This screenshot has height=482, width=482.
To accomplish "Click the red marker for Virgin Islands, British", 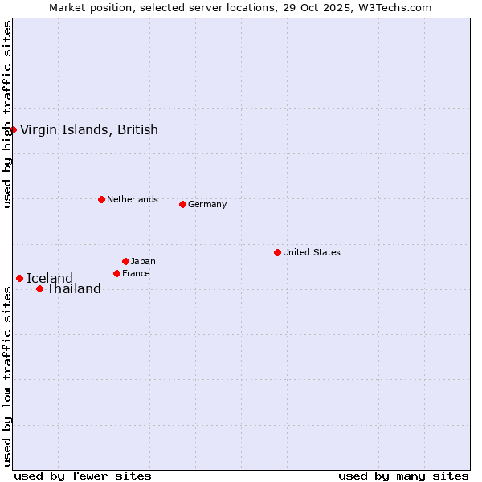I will pyautogui.click(x=13, y=129).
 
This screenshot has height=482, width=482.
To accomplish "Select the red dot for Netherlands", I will pyautogui.click(x=101, y=199).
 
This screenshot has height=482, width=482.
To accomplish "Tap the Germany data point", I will pyautogui.click(x=182, y=204).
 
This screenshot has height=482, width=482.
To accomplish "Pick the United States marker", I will pyautogui.click(x=277, y=252).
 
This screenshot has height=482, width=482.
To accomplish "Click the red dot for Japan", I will pyautogui.click(x=125, y=261).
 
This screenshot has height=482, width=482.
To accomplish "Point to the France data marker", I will pyautogui.click(x=116, y=273).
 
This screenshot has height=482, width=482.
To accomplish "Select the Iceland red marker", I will pyautogui.click(x=19, y=278).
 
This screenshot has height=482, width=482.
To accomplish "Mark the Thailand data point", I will pyautogui.click(x=39, y=288).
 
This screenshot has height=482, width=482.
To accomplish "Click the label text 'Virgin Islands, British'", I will pyautogui.click(x=88, y=129).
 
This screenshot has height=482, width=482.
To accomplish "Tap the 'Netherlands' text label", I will pyautogui.click(x=132, y=199).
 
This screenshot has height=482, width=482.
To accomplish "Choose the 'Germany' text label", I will pyautogui.click(x=207, y=204).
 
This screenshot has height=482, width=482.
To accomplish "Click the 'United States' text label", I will pyautogui.click(x=311, y=252).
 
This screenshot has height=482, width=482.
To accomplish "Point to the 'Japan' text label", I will pyautogui.click(x=143, y=261).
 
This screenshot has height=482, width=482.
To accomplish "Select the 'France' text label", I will pyautogui.click(x=136, y=273).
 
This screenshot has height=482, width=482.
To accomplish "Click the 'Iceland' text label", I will pyautogui.click(x=50, y=279).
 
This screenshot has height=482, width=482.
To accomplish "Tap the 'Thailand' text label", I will pyautogui.click(x=74, y=289).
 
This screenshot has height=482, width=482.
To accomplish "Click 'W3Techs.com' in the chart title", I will pyautogui.click(x=394, y=8).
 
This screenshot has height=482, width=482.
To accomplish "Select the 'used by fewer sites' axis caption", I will pyautogui.click(x=83, y=476).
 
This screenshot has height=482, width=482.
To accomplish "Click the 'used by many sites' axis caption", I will pyautogui.click(x=403, y=476).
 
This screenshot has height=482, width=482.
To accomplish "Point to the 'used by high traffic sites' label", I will pyautogui.click(x=8, y=114).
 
